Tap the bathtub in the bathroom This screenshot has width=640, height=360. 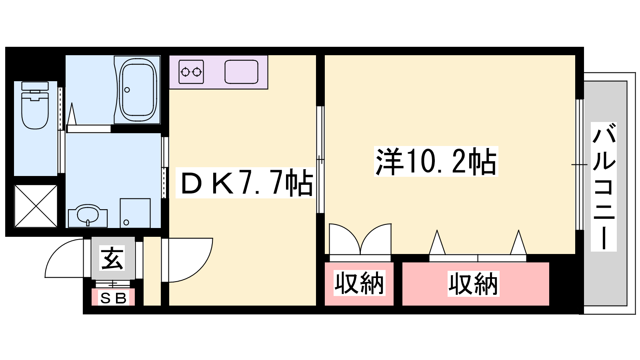click(x=138, y=90)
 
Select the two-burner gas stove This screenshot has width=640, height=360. click(x=191, y=72)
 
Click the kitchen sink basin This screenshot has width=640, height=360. click(x=241, y=72)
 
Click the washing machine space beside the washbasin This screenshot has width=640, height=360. click(x=135, y=213)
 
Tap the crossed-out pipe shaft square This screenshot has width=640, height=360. click(x=36, y=206)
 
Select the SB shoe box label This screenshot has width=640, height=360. click(x=113, y=298)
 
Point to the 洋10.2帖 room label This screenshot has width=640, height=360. click(x=436, y=161)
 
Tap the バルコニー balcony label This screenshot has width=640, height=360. click(x=604, y=186)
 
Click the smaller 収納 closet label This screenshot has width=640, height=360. click(x=359, y=283)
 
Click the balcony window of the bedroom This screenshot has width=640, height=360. click(x=579, y=164)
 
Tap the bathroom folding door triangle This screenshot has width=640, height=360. click(x=72, y=116)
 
